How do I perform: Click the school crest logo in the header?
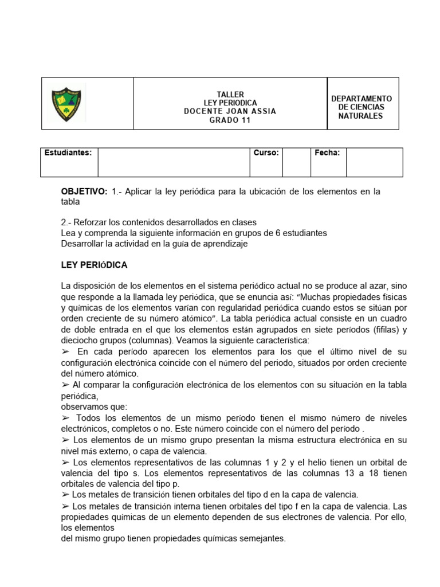pos(68,103)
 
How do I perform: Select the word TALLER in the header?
pos(230,94)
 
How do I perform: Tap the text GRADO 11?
pos(230,120)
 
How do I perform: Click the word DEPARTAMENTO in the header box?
pos(362,99)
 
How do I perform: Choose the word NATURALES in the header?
pos(361,116)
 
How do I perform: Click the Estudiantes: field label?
pos(68,153)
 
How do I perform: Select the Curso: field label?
pos(266,153)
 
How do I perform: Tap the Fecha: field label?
pos(327,153)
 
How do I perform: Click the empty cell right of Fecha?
pos(374,162)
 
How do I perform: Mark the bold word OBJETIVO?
pos(84,191)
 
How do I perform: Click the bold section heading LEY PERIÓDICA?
pos(94,265)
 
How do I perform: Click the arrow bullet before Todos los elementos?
pos(65,418)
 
